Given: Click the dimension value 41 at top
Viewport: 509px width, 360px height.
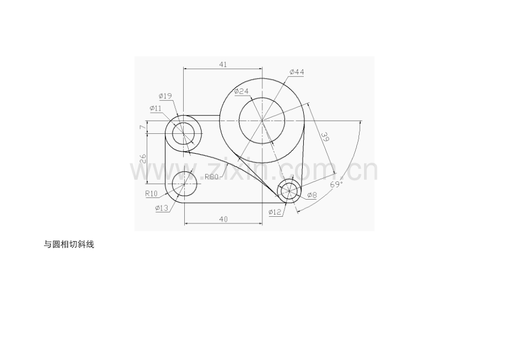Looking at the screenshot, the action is pyautogui.click(x=223, y=65).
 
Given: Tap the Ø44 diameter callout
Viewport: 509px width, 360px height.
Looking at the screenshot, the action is pyautogui.click(x=297, y=72).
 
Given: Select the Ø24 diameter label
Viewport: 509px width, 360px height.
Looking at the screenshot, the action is pyautogui.click(x=241, y=91).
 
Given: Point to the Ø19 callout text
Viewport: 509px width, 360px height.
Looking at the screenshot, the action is pyautogui.click(x=165, y=96).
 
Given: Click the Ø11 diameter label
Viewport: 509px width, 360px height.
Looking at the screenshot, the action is pyautogui.click(x=155, y=108).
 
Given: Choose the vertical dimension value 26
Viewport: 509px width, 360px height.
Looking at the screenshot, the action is pyautogui.click(x=143, y=159).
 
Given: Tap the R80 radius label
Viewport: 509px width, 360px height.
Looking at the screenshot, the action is pyautogui.click(x=211, y=177).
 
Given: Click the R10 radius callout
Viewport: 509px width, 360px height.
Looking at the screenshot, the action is pyautogui.click(x=151, y=194).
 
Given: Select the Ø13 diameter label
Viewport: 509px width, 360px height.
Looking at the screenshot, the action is pyautogui.click(x=162, y=208).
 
